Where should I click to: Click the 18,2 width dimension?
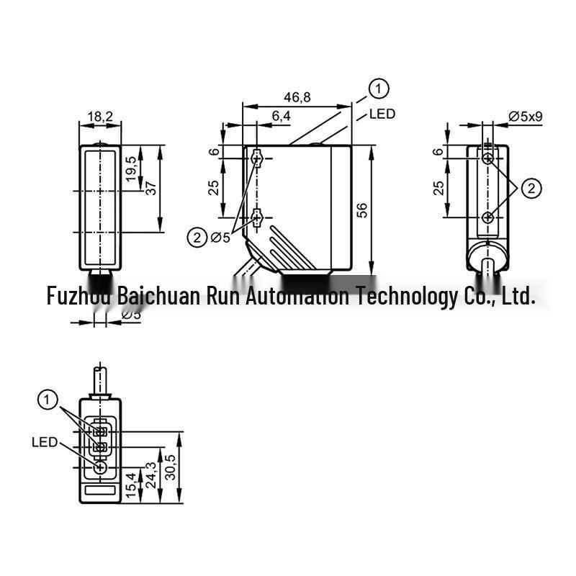pyautogui.click(x=100, y=117)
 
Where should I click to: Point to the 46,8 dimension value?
pyautogui.click(x=297, y=97)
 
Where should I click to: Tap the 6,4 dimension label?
pyautogui.click(x=282, y=116)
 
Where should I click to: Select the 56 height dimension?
pyautogui.click(x=362, y=210)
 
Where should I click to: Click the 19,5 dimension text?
pyautogui.click(x=131, y=169)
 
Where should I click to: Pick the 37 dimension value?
pyautogui.click(x=150, y=188)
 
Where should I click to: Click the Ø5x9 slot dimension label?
pyautogui.click(x=526, y=117)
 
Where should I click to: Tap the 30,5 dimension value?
pyautogui.click(x=170, y=467)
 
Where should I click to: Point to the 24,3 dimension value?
pyautogui.click(x=151, y=474)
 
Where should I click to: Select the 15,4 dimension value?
pyautogui.click(x=131, y=485)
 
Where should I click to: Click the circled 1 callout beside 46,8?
pyautogui.click(x=379, y=89)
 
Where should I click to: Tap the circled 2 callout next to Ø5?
pyautogui.click(x=197, y=238)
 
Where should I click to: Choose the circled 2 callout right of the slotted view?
pyautogui.click(x=531, y=189)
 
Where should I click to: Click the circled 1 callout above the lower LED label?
pyautogui.click(x=48, y=400)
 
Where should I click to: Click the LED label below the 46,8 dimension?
pyautogui.click(x=382, y=114)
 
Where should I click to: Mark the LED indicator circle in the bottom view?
pyautogui.click(x=100, y=468)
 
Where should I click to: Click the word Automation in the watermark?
pyautogui.click(x=297, y=296)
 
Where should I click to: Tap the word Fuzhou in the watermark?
pyautogui.click(x=78, y=296)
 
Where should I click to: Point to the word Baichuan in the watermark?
pyautogui.click(x=158, y=296)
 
